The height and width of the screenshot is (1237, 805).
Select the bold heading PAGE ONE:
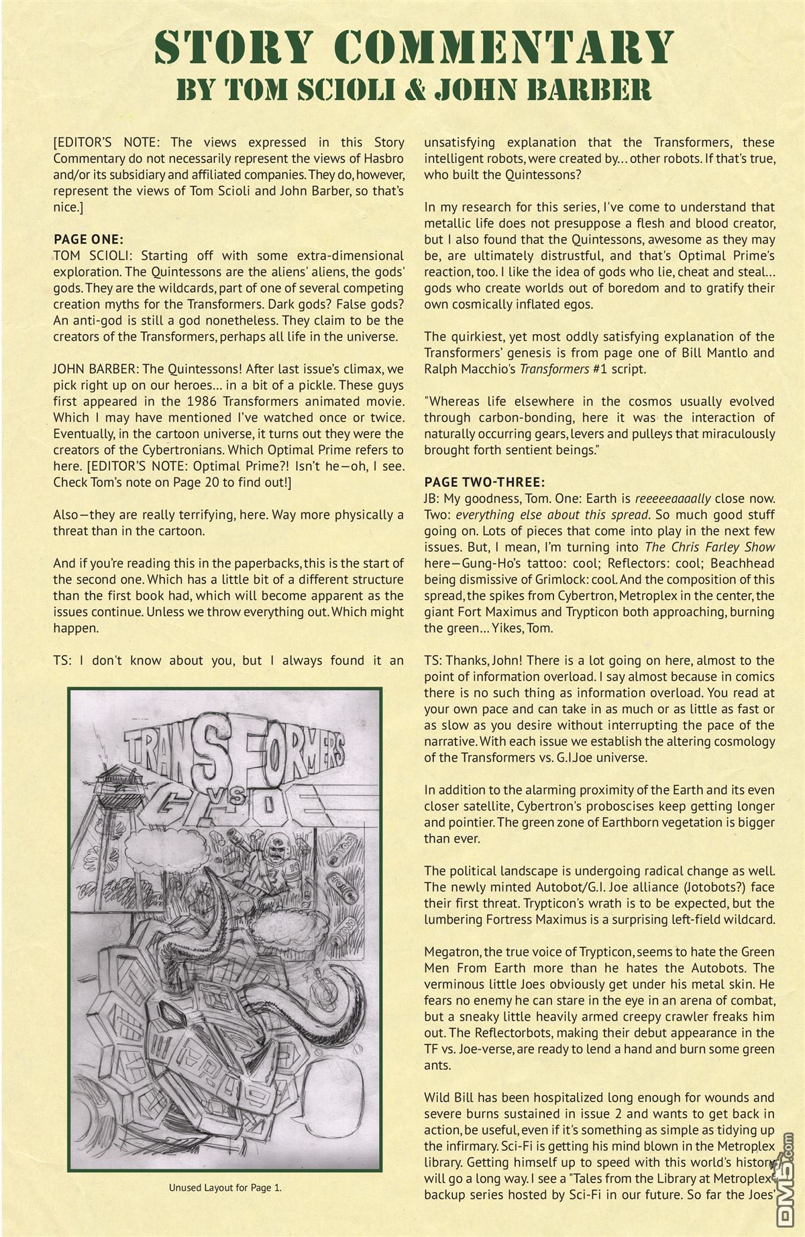[88, 239]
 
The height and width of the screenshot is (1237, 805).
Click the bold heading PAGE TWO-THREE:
[484, 482]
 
